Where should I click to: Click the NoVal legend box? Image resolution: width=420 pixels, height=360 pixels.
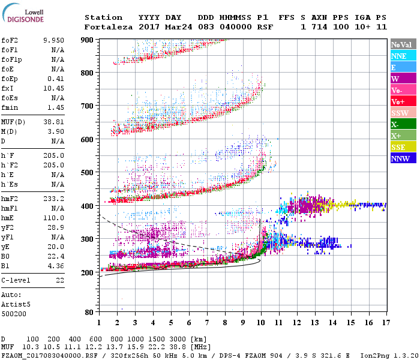[x=403, y=44]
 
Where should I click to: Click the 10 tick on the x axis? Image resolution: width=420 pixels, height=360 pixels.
[x=260, y=323]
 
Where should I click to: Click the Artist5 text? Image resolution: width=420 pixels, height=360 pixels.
[x=16, y=304]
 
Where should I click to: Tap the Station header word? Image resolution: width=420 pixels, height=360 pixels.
[x=103, y=17]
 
